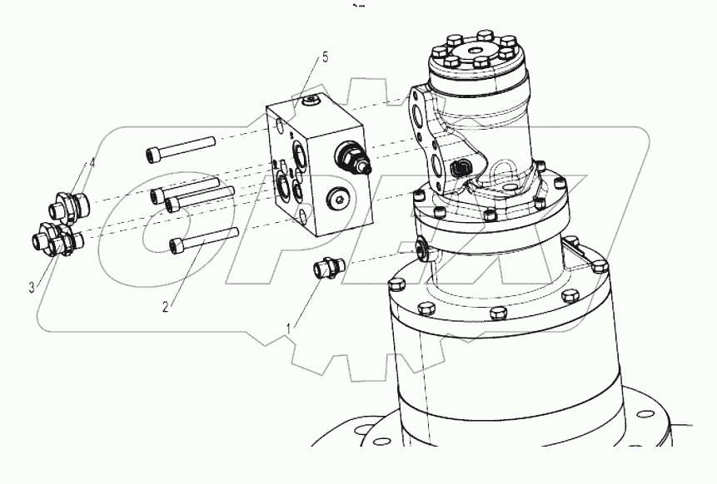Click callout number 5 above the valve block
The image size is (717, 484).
click(326, 57)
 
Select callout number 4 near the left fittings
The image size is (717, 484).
click(92, 163)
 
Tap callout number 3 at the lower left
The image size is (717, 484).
click(32, 287)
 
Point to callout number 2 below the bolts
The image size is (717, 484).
click(165, 307)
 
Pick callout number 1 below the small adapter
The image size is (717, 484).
click(289, 328)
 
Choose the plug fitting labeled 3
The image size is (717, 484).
click(52, 240)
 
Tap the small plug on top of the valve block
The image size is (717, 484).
click(311, 101)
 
